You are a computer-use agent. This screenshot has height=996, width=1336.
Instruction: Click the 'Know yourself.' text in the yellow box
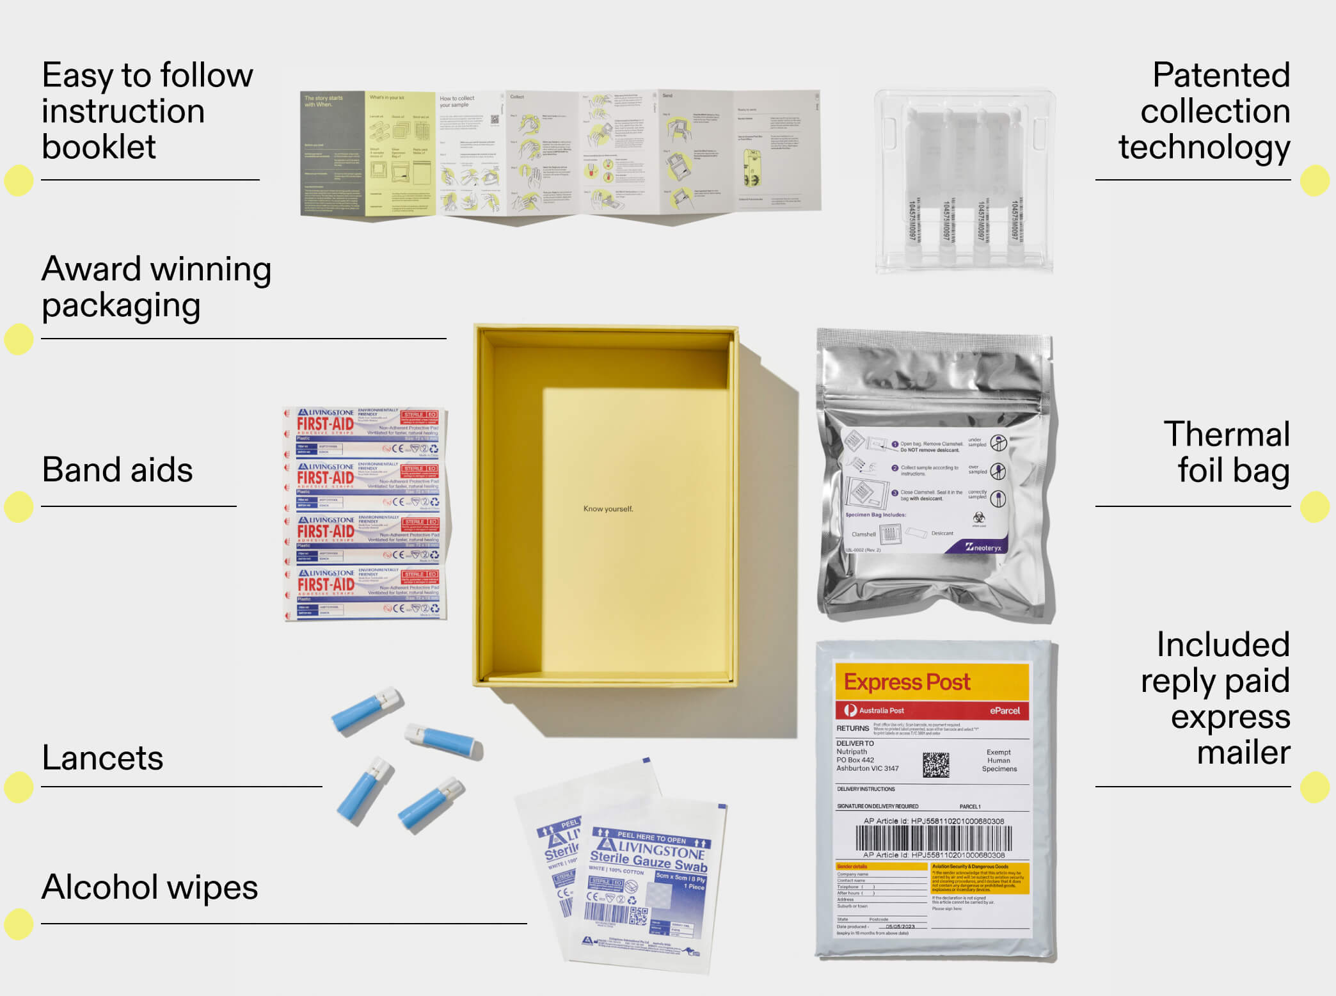click(x=608, y=509)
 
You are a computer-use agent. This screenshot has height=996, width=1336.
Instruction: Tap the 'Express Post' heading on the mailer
click(x=907, y=682)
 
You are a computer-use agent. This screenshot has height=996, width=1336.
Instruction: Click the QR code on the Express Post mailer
click(x=935, y=764)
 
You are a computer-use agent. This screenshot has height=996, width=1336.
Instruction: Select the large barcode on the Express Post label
click(x=934, y=838)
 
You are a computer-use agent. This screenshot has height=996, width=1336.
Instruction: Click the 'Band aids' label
click(x=117, y=470)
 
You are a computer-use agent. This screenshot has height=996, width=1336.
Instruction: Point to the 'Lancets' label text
click(x=102, y=758)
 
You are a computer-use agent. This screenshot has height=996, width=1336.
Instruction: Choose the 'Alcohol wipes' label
click(x=150, y=887)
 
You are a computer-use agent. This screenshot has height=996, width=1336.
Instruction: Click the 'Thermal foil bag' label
click(x=1226, y=452)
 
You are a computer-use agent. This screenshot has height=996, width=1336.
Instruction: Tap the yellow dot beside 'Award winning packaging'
click(x=19, y=339)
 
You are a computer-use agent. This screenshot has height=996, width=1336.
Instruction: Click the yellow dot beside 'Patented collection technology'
click(x=1315, y=181)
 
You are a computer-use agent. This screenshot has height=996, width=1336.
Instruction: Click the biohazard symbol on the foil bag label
click(x=978, y=517)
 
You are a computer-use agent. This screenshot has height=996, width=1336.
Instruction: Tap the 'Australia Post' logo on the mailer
click(x=875, y=711)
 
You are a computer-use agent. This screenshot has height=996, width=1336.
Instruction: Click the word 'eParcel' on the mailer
click(x=1005, y=711)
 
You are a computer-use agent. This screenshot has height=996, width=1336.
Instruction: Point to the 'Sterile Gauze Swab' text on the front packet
click(x=648, y=861)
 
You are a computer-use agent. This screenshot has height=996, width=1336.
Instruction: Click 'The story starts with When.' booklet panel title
click(x=324, y=101)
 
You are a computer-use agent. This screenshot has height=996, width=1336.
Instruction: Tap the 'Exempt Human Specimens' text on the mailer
click(x=999, y=760)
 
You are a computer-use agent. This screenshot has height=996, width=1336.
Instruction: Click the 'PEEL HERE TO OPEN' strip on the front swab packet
click(x=651, y=837)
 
